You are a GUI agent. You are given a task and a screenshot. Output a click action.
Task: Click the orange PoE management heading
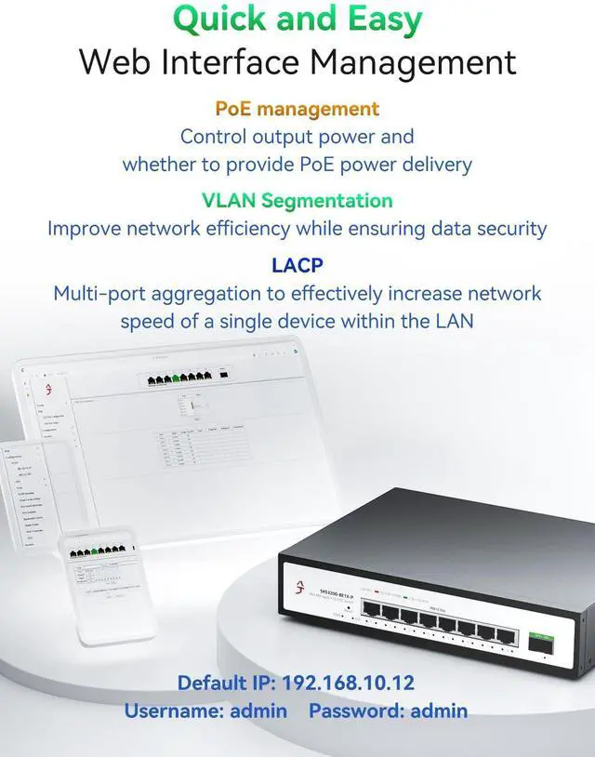pos(297,109)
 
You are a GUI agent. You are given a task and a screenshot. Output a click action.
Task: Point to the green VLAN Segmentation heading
pos(297,200)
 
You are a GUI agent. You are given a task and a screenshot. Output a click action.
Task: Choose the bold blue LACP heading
pos(297,265)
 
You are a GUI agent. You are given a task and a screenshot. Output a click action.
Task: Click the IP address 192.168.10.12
pos(349,683)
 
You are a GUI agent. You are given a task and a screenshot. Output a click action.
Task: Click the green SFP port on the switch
pos(540,640)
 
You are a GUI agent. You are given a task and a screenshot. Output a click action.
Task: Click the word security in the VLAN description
pos(509,228)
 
